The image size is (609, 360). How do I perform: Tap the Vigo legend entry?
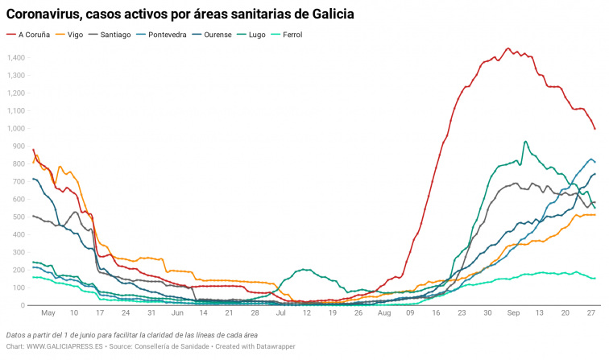point(74,35)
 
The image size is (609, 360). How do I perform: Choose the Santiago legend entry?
point(116,35)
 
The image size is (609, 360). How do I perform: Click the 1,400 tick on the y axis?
point(15,58)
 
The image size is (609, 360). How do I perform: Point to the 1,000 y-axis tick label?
point(15,129)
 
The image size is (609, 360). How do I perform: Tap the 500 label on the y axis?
point(19,217)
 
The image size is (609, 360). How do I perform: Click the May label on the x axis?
point(48,312)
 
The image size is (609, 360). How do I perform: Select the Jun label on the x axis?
point(177,312)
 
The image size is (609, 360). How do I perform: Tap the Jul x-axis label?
point(281,312)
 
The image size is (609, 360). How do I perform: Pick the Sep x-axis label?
point(513,312)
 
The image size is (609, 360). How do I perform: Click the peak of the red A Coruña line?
point(507,48)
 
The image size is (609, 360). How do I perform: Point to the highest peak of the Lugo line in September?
point(525,142)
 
